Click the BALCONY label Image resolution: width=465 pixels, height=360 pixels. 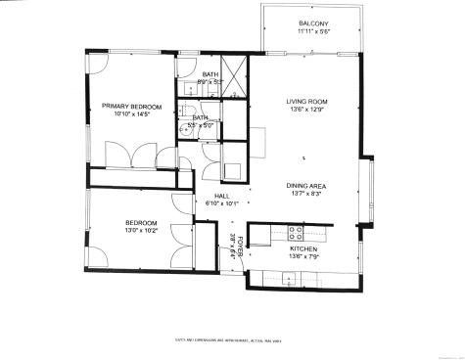coord(313,22)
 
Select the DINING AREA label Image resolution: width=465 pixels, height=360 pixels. coord(304,186)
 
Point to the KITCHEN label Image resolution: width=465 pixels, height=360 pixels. coord(303,248)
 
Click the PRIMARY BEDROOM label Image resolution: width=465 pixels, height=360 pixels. coord(131,106)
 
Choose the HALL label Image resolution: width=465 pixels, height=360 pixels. coord(221,196)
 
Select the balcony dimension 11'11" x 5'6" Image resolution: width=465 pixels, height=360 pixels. coord(313,31)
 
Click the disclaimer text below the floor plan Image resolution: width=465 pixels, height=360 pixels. coord(231,340)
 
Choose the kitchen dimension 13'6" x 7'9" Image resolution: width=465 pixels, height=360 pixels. coord(303,256)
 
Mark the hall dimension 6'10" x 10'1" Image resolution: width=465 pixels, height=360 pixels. coord(221,204)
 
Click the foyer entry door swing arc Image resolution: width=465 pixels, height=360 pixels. coord(227,262)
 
